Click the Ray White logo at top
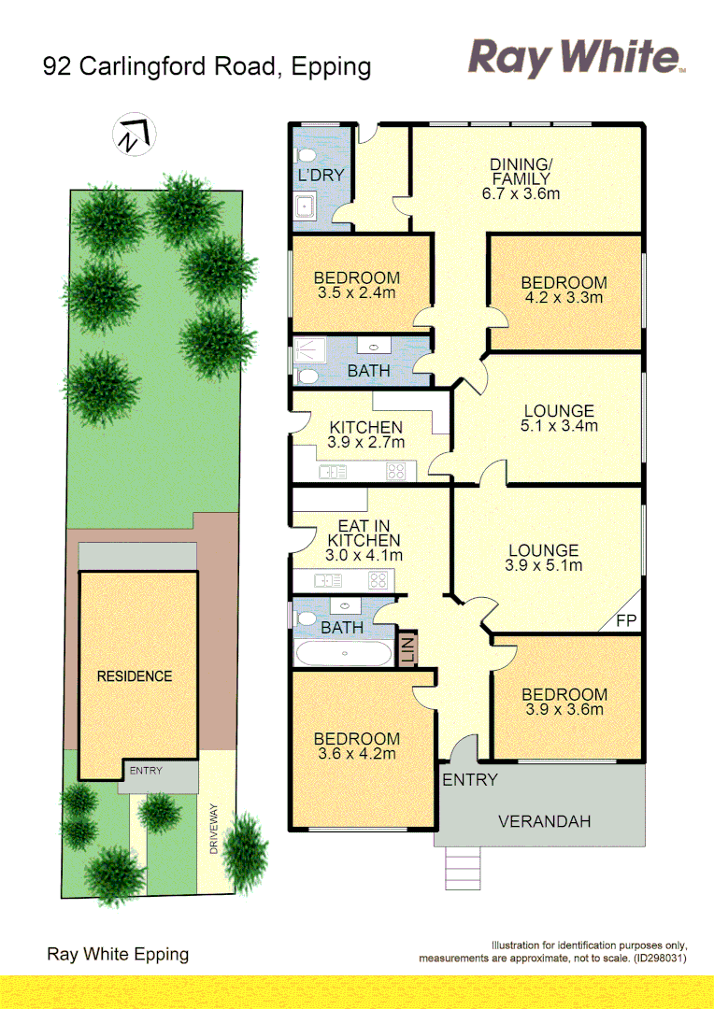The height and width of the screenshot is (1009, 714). pos(576,57)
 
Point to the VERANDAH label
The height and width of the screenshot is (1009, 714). pos(545,822)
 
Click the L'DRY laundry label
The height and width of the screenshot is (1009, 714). pos(321,175)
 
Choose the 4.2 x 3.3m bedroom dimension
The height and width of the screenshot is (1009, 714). pos(564,298)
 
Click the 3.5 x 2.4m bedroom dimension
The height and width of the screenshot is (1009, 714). pos(356,292)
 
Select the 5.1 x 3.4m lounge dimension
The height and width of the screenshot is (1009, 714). pos(559,426)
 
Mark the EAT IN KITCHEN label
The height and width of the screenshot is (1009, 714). pos(364,533)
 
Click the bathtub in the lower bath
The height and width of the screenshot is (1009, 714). pos(343,653)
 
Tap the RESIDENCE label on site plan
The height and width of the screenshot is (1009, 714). pos(135,675)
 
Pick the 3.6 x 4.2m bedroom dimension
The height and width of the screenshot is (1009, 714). pos(356,754)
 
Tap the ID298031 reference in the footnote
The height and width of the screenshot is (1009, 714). pos(660,959)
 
